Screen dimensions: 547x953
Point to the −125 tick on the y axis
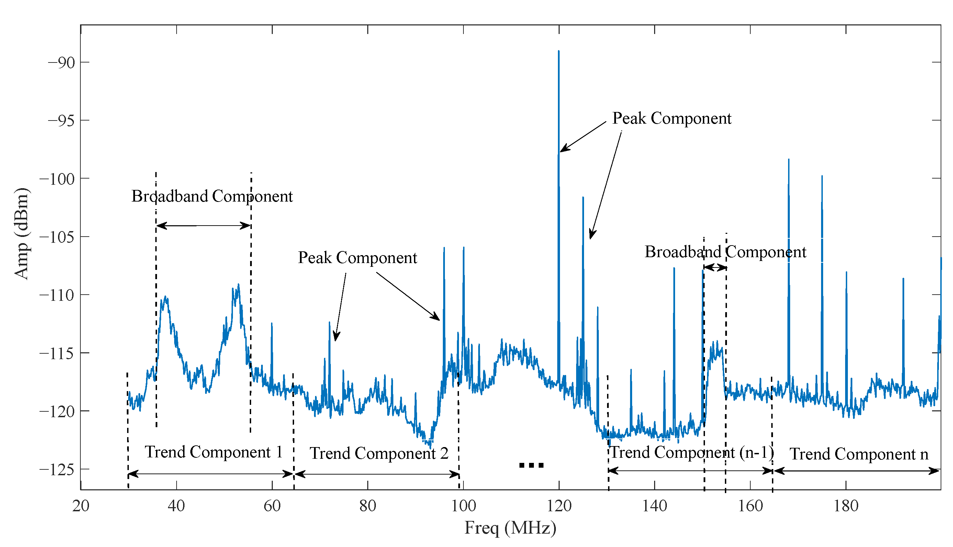click(x=57, y=470)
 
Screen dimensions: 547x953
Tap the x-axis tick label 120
click(x=559, y=506)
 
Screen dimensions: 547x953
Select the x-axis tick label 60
click(x=272, y=506)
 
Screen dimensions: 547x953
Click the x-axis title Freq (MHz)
click(x=510, y=528)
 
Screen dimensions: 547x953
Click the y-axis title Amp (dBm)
click(x=21, y=233)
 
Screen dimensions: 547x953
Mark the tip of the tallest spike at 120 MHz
click(x=559, y=51)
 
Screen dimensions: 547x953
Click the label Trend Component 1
click(x=213, y=452)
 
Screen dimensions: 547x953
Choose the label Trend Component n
click(x=859, y=454)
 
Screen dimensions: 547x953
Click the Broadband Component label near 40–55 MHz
click(x=212, y=196)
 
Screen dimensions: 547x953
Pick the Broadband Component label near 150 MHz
click(x=725, y=252)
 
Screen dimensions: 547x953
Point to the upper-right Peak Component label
click(x=672, y=118)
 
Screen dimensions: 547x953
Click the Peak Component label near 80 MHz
click(x=357, y=258)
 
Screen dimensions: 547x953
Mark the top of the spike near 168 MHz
click(x=788, y=160)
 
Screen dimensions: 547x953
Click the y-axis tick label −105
click(x=57, y=237)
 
